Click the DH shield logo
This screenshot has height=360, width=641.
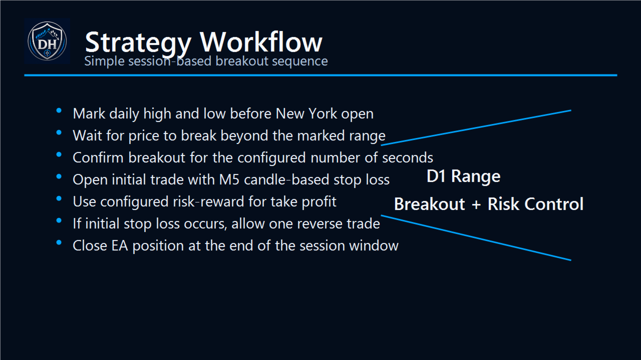point(47,41)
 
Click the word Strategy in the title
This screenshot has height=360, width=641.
point(138,43)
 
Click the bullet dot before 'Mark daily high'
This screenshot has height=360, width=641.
point(59,110)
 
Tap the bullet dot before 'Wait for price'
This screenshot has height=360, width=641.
point(59,132)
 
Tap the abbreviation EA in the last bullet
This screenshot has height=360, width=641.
point(120,245)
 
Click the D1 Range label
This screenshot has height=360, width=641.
point(464,176)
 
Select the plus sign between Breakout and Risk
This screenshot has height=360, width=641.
point(476,204)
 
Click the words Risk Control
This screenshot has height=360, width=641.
point(535,204)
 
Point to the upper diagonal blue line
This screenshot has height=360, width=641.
point(476,127)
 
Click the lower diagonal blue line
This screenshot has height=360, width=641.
point(476,237)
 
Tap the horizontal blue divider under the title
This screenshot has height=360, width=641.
point(321,75)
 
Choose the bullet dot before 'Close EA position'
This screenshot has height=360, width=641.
point(59,242)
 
